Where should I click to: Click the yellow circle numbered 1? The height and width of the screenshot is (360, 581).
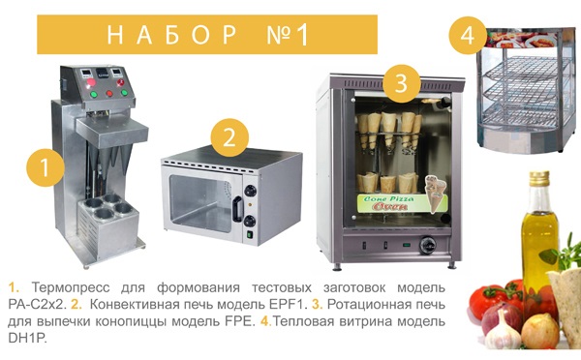46,167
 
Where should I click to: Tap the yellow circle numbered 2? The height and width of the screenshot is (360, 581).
229,137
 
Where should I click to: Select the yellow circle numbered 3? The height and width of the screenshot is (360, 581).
402,83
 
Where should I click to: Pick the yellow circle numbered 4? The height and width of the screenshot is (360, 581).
468,36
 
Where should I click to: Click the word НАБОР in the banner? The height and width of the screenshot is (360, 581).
172,35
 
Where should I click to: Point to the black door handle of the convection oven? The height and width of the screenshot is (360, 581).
237,210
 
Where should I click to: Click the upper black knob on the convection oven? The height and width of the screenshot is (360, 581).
250,191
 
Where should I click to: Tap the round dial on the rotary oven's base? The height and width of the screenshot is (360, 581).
427,245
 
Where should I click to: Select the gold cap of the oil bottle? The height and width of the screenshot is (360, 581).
539,178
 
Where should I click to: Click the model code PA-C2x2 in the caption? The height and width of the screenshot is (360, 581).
37,305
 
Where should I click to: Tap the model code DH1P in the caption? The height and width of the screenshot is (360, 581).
27,338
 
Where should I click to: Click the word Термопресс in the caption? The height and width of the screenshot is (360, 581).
71,287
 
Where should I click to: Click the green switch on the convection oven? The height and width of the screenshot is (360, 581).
250,235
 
